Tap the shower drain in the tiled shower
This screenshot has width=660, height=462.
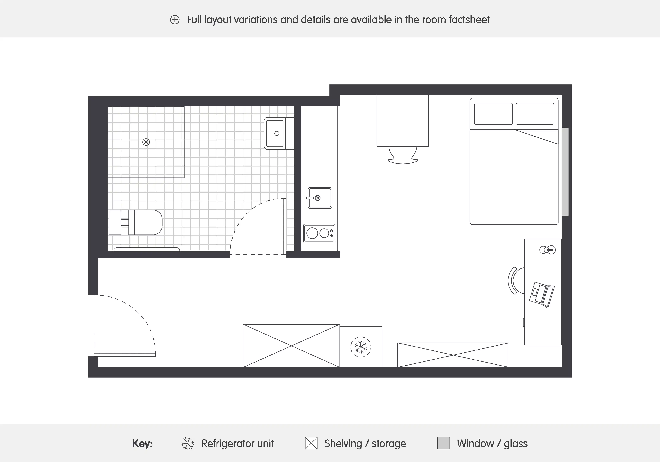coord(146,142)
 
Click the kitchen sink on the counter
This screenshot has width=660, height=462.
coord(320,198)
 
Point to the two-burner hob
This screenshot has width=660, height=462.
coord(319,233)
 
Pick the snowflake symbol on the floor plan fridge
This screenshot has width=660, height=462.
coord(360,347)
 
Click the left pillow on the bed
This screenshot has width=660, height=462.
coord(493,114)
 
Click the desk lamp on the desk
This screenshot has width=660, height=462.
coord(547,250)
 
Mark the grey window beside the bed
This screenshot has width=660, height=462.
coord(565,172)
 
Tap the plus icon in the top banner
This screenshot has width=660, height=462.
coord(175,20)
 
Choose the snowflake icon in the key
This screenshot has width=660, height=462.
coord(187,443)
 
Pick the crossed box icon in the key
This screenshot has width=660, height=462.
coord(311,443)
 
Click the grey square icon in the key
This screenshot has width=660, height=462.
coord(443,443)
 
